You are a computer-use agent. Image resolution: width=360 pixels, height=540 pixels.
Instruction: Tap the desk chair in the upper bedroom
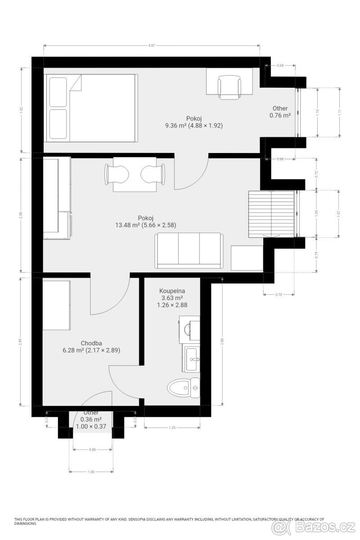click(x=229, y=87)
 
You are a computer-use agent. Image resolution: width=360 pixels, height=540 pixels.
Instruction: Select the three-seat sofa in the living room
click(x=189, y=250)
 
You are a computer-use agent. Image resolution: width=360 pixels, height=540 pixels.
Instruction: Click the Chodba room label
click(x=90, y=343)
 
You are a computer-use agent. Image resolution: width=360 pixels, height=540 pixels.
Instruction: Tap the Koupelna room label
click(x=172, y=291)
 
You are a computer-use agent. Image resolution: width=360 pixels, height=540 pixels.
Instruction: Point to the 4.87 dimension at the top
click(x=152, y=45)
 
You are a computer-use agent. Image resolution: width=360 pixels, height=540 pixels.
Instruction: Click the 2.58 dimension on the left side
click(x=21, y=215)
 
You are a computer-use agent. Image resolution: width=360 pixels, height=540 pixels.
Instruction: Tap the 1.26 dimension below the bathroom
click(x=172, y=428)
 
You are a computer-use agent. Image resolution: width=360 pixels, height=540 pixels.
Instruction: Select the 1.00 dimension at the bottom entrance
click(x=91, y=472)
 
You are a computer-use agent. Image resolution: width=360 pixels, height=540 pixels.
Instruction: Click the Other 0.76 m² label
click(x=280, y=112)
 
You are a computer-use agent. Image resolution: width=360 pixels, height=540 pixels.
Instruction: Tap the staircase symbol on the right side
click(x=271, y=214)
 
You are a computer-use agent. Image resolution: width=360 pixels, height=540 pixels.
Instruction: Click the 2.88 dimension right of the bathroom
click(x=222, y=342)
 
